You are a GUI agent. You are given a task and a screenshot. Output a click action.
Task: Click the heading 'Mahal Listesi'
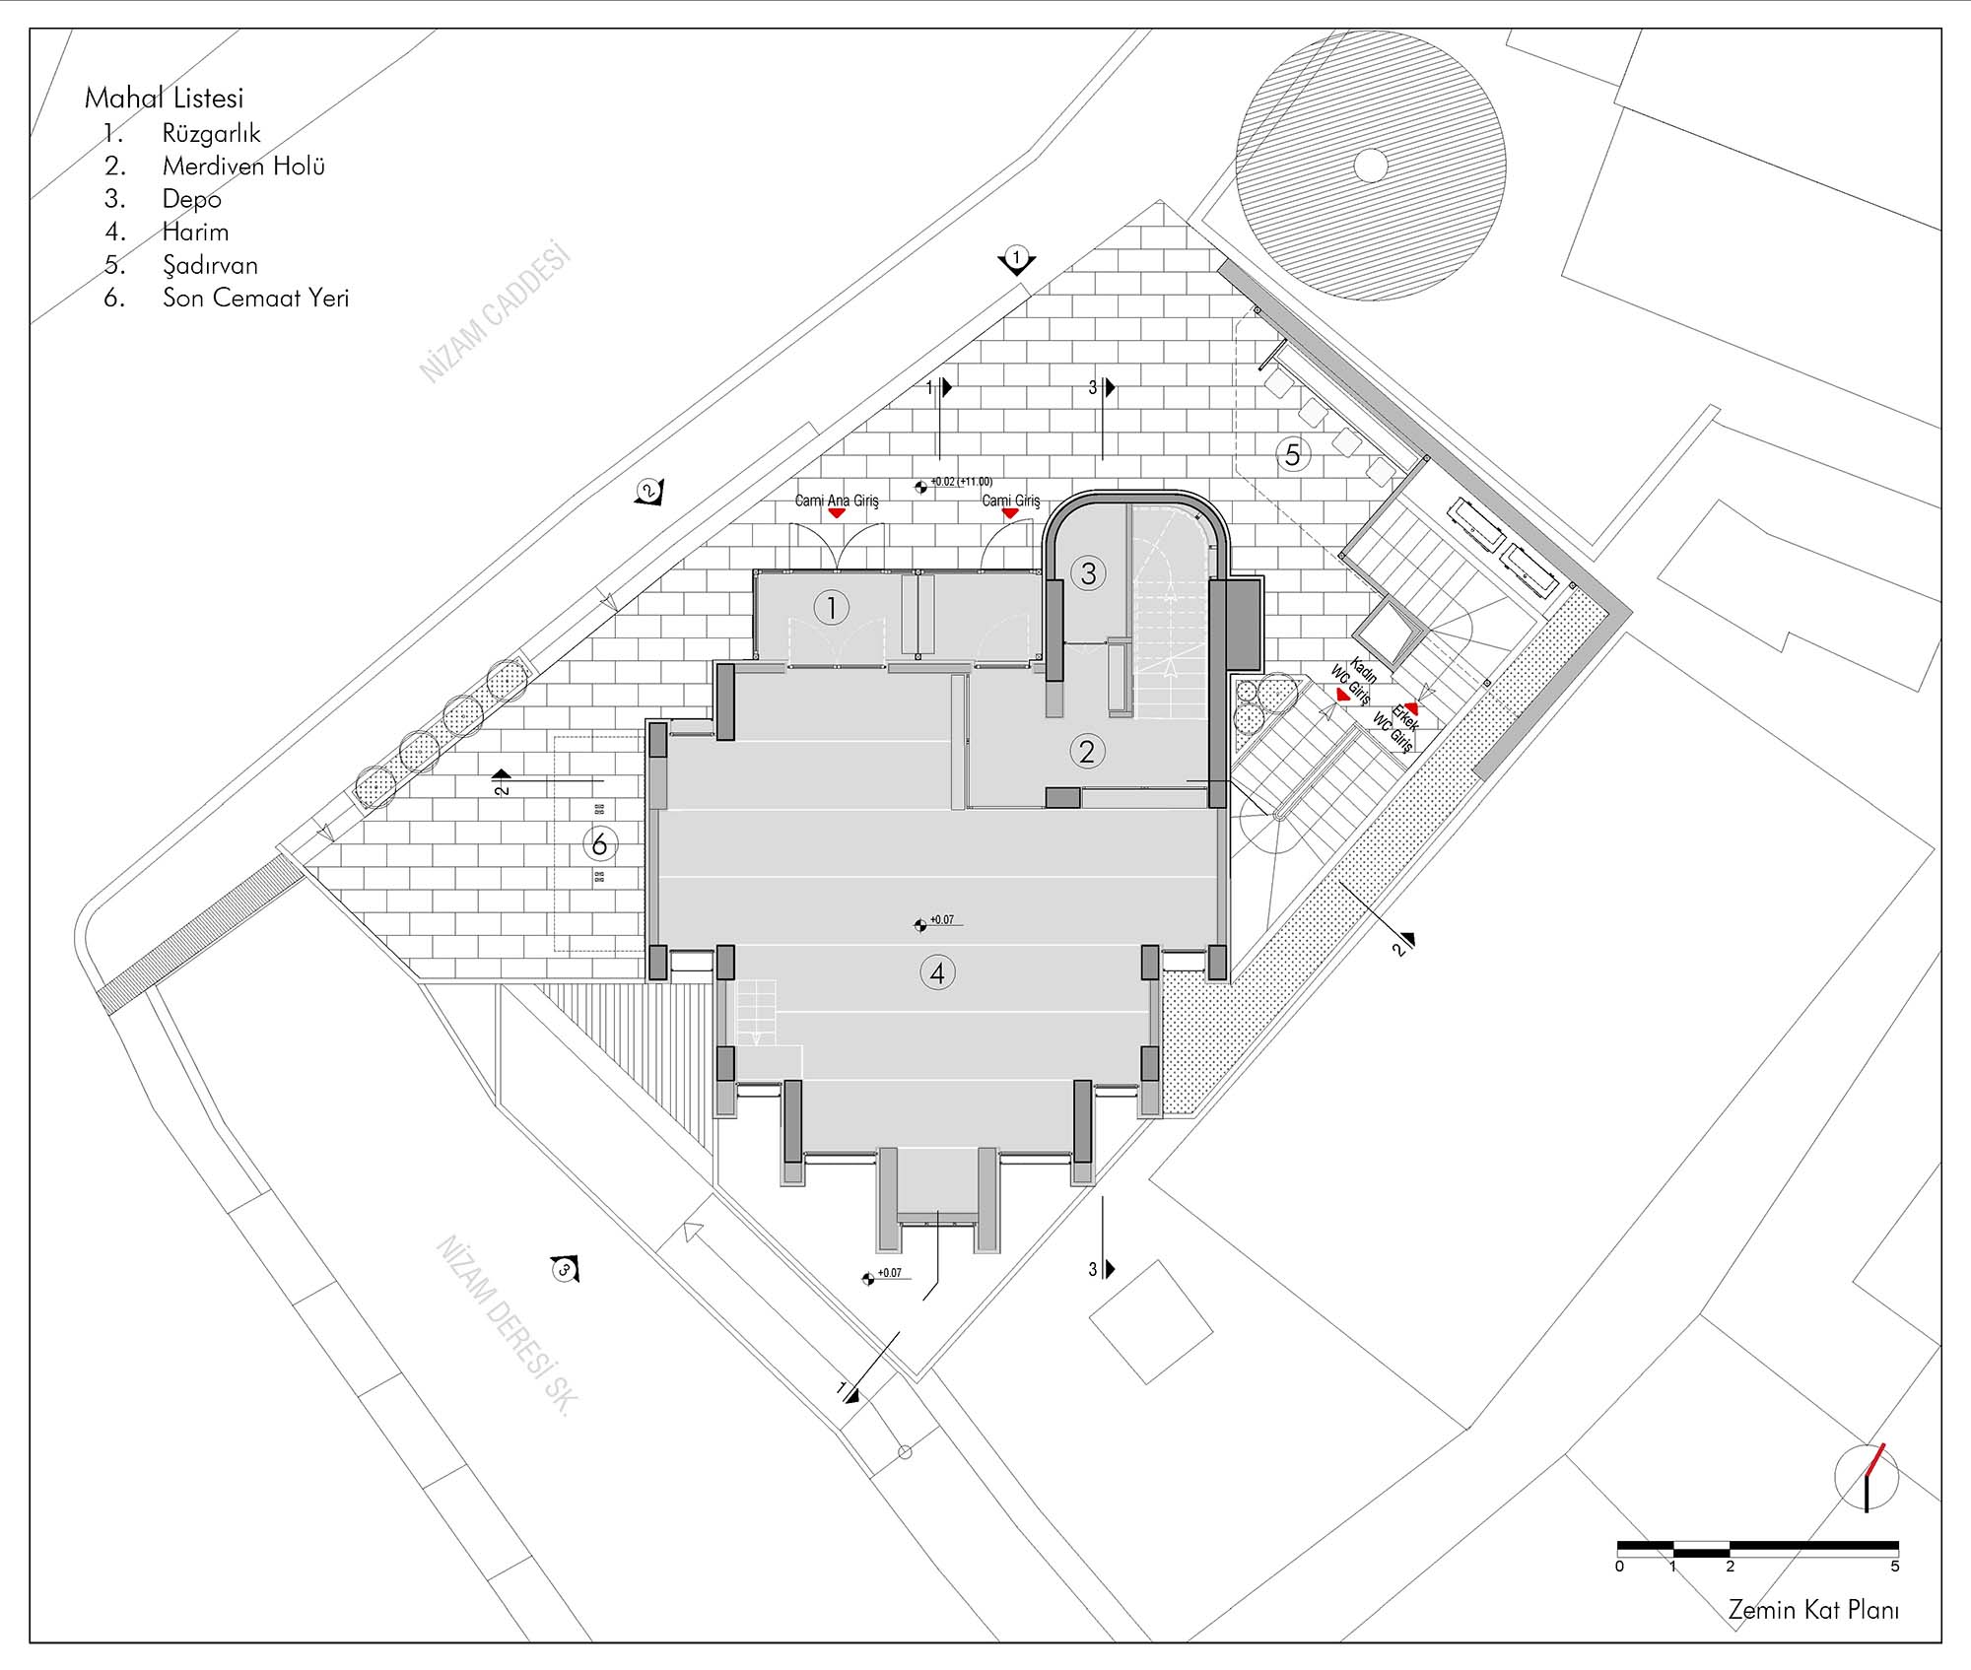164,98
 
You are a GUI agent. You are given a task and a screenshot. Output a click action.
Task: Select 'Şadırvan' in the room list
210,265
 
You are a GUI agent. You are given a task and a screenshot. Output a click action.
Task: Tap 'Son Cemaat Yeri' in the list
256,298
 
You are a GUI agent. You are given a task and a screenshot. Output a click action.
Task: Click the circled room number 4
937,973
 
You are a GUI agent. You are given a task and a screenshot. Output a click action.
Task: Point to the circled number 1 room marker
832,608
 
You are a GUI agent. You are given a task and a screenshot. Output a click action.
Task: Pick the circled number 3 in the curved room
1088,573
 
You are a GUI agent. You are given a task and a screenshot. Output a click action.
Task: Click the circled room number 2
1087,752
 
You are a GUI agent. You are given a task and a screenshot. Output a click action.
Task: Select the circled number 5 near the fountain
1293,454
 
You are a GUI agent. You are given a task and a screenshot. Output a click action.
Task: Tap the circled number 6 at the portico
600,843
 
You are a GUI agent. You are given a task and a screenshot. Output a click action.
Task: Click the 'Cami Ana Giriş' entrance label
837,501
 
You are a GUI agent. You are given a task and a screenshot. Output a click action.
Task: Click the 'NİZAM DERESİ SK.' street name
505,1325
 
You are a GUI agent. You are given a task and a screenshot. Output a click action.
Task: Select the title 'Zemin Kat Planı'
1812,1610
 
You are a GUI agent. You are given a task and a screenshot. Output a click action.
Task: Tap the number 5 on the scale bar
1894,1566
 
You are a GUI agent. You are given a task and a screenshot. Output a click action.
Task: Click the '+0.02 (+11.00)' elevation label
961,482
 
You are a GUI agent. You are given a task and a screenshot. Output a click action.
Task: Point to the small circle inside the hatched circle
1370,165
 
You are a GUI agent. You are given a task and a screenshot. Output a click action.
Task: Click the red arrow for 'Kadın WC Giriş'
1341,695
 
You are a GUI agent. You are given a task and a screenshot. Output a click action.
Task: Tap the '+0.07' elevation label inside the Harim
942,919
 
